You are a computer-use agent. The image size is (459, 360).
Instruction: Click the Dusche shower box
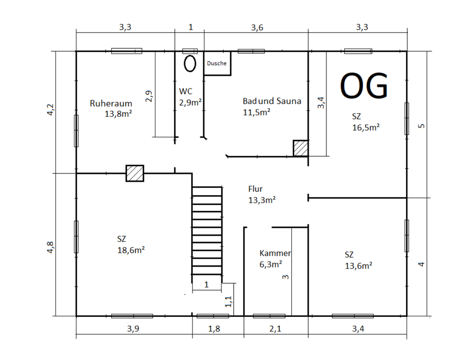coord(217,64)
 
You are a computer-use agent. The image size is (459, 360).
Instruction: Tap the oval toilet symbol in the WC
coord(190,64)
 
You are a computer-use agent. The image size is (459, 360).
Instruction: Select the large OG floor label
coord(364,86)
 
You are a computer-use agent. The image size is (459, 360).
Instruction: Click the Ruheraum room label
coord(111,103)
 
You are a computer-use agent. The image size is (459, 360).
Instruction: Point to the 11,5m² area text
coord(256,112)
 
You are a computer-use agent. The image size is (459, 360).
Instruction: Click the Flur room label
coord(255,189)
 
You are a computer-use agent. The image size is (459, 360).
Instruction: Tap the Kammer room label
coord(275,253)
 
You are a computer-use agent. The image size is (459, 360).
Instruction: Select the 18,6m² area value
coord(131,250)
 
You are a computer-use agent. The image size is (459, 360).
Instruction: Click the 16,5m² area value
coord(366,127)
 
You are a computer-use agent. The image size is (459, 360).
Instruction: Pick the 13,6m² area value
coord(359,266)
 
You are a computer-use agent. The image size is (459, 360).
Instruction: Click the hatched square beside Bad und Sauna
coord(301,148)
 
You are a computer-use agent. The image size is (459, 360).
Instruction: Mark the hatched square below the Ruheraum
coord(135,173)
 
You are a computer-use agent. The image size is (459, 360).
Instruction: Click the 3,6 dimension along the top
coord(257,28)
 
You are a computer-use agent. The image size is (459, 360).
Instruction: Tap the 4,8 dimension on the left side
coord(50,247)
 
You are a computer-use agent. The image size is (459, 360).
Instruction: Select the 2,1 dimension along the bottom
coord(275,328)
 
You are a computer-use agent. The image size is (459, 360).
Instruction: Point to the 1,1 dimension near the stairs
coord(229,302)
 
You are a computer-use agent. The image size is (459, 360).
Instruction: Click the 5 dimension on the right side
coord(421,126)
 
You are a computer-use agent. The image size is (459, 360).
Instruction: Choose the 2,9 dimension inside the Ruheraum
coord(149,96)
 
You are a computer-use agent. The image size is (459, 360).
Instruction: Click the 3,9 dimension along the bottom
coord(133,328)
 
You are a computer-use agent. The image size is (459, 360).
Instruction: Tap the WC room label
coord(186,91)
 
